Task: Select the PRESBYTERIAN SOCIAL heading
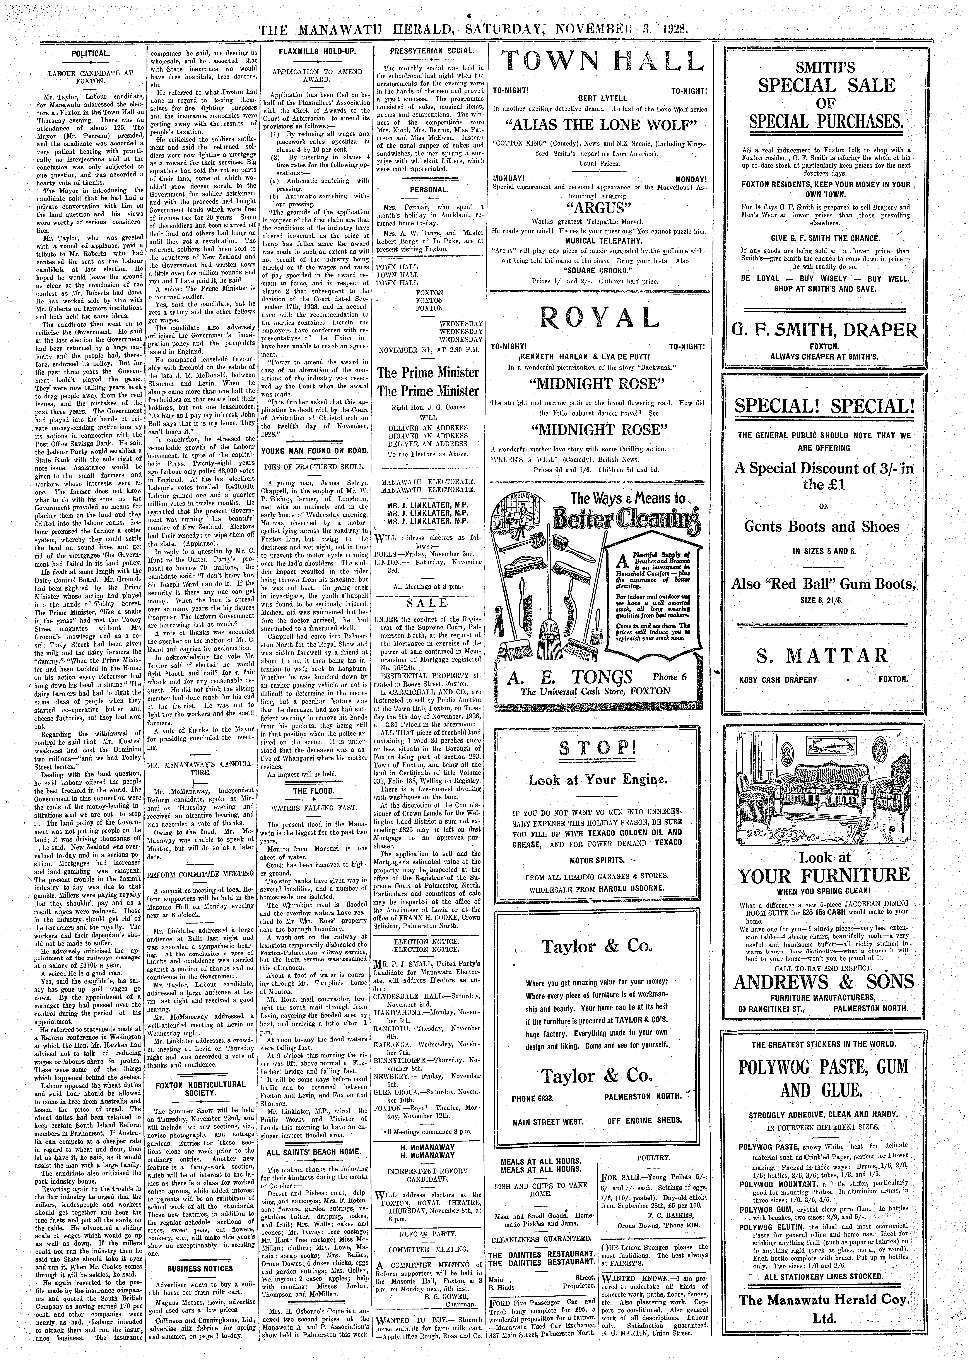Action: (424, 51)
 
